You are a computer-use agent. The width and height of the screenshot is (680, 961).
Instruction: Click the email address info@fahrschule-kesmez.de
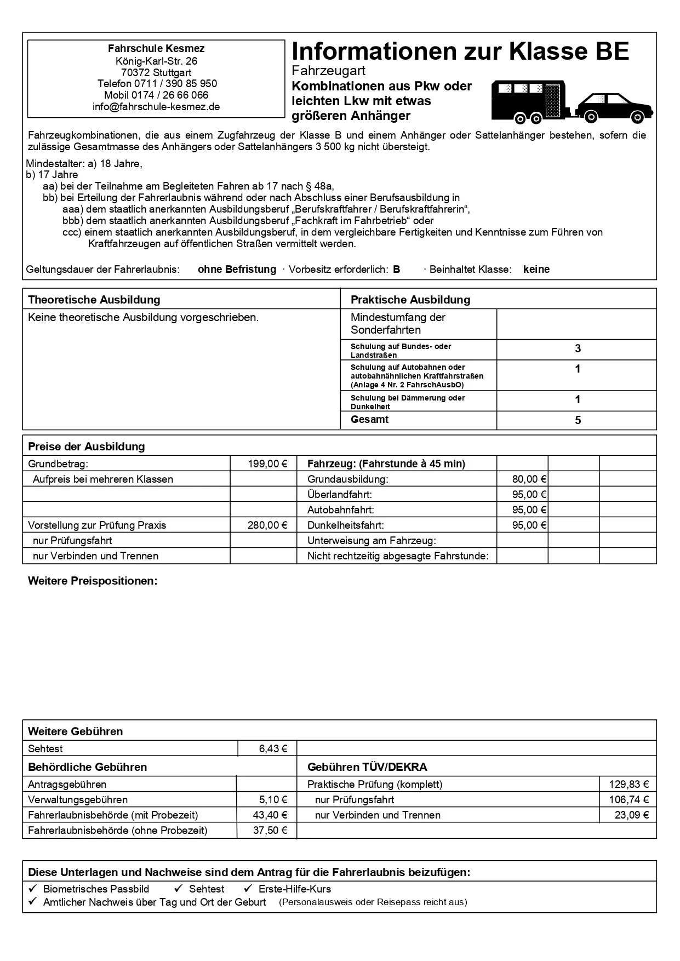(x=156, y=107)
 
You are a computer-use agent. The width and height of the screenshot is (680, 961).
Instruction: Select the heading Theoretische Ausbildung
(x=94, y=300)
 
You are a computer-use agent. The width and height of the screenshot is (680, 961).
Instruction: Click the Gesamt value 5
(x=578, y=420)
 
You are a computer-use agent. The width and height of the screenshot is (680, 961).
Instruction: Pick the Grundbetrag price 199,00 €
(x=267, y=464)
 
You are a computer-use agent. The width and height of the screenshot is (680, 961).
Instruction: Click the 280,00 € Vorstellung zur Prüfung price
(x=267, y=525)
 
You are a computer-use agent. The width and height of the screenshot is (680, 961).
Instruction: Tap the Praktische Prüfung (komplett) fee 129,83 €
(x=628, y=784)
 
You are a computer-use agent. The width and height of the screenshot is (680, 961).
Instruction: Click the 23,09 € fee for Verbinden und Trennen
(x=631, y=815)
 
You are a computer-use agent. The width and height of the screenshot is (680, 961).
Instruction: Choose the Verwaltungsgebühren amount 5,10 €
(x=273, y=799)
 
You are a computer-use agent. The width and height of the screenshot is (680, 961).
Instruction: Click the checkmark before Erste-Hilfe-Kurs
(x=248, y=889)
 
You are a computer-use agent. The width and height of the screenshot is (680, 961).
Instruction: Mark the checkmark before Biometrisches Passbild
(x=33, y=889)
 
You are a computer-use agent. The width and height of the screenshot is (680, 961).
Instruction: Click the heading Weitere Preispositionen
(x=93, y=581)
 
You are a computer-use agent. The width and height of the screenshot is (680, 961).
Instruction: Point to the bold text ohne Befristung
(x=237, y=269)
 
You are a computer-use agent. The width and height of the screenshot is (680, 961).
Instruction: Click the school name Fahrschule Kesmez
(x=156, y=48)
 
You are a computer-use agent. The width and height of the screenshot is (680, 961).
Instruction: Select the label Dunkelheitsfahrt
(x=345, y=525)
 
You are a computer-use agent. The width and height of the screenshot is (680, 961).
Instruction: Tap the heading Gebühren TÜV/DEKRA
(x=367, y=767)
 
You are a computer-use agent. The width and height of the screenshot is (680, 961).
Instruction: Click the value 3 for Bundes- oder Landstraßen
(x=578, y=349)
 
